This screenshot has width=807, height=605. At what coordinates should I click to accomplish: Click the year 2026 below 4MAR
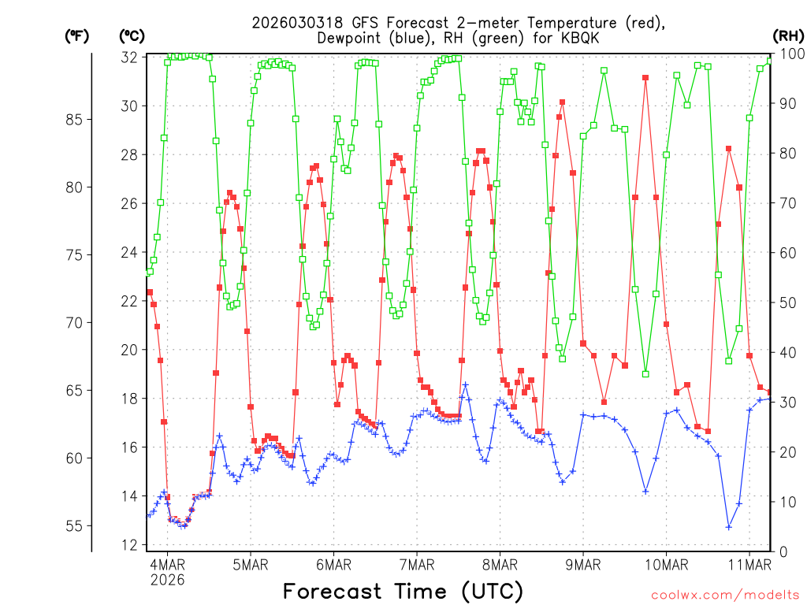click(x=167, y=580)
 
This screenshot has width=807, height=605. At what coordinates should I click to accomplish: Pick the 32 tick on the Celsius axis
click(x=129, y=58)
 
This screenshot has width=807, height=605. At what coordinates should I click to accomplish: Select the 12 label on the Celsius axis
click(x=129, y=545)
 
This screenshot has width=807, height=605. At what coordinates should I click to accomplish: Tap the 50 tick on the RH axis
click(x=785, y=302)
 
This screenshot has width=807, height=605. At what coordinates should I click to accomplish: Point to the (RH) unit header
click(x=788, y=35)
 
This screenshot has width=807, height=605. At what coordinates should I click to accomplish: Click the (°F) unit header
click(x=76, y=35)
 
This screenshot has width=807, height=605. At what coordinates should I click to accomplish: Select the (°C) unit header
click(x=132, y=35)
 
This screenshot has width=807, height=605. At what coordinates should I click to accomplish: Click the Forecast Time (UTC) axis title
click(x=403, y=591)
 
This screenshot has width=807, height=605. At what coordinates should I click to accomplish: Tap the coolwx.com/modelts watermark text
click(x=724, y=594)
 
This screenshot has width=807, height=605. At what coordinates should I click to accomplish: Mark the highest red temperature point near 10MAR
click(x=645, y=78)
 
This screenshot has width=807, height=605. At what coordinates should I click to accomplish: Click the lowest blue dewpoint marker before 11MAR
click(x=729, y=527)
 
